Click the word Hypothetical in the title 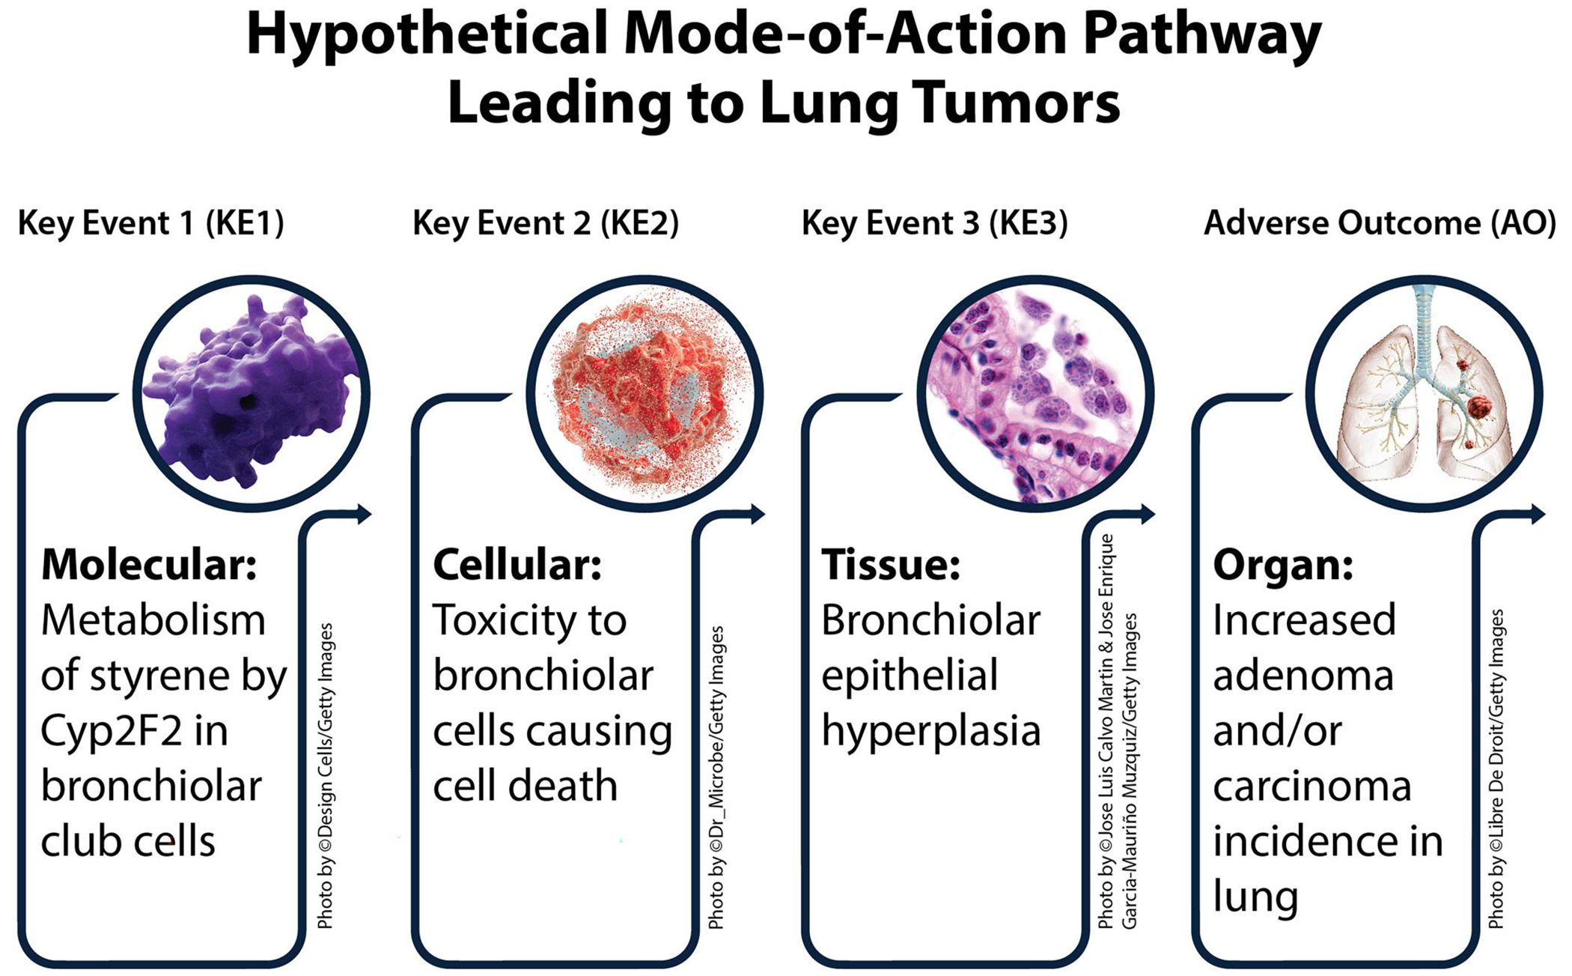pyautogui.click(x=427, y=36)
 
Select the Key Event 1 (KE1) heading pyautogui.click(x=151, y=223)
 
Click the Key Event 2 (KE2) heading pyautogui.click(x=546, y=223)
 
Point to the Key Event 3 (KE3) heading pyautogui.click(x=935, y=223)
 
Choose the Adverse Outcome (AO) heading pyautogui.click(x=1380, y=223)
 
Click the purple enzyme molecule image pyautogui.click(x=251, y=393)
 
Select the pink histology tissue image pyautogui.click(x=1035, y=393)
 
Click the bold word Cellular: pyautogui.click(x=517, y=565)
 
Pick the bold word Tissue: pyautogui.click(x=891, y=565)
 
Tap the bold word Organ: pyautogui.click(x=1283, y=565)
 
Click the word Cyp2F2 pyautogui.click(x=112, y=731)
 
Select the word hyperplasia pyautogui.click(x=930, y=731)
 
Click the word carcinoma pyautogui.click(x=1311, y=786)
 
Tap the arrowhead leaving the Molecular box pyautogui.click(x=365, y=514)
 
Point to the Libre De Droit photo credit pyautogui.click(x=1496, y=769)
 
